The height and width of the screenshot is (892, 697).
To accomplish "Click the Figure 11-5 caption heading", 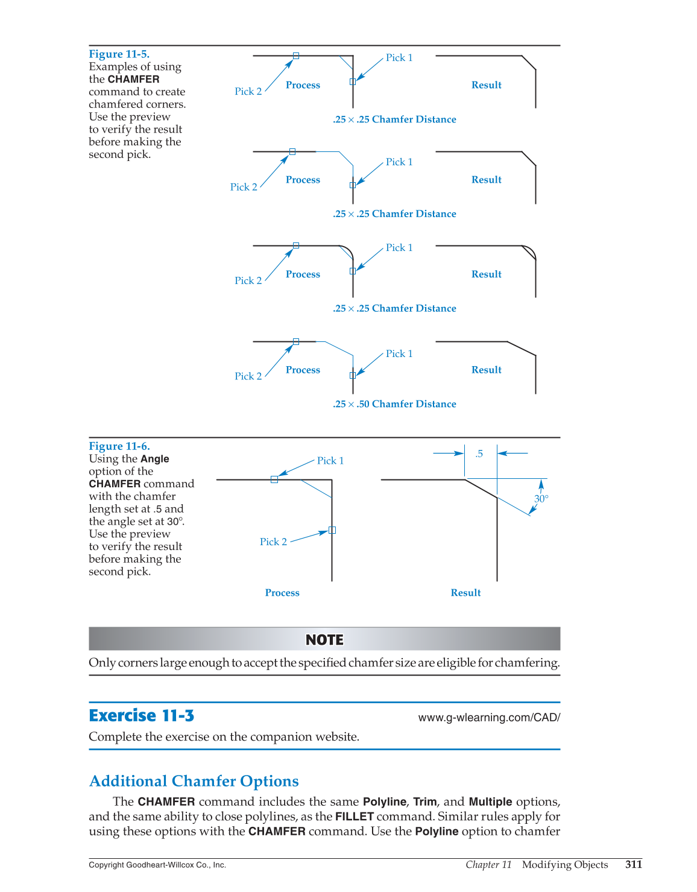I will (119, 54).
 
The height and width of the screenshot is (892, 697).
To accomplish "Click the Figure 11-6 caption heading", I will (119, 446).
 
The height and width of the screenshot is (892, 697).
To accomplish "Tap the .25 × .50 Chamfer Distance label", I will (394, 404).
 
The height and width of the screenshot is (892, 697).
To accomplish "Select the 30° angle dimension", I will (541, 499).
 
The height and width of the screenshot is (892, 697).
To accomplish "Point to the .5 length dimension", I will (479, 454).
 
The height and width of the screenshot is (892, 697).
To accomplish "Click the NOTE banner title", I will (324, 640).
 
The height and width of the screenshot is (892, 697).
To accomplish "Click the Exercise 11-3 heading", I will (142, 716).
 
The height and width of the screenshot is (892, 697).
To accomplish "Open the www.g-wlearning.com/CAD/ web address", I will (489, 718).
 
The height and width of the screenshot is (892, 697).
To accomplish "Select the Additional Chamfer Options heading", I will (194, 781).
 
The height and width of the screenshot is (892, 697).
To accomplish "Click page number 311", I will (634, 864).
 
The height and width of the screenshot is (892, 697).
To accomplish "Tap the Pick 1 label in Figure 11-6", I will (330, 461).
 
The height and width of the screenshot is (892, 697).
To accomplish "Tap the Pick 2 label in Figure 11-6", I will (273, 542).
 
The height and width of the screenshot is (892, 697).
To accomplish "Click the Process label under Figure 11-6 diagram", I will (282, 593).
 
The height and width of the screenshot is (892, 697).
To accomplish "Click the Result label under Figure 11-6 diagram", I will (466, 593).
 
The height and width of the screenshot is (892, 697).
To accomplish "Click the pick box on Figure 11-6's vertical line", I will (332, 530).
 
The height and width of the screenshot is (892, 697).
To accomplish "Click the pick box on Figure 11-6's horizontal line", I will (274, 479).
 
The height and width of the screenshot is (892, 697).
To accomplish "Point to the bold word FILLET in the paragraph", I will (355, 817).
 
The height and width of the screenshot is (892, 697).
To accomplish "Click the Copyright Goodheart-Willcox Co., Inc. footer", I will (157, 865).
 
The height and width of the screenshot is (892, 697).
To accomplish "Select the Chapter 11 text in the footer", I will (488, 865).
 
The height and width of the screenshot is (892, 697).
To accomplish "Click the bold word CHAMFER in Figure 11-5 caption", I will (133, 80).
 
